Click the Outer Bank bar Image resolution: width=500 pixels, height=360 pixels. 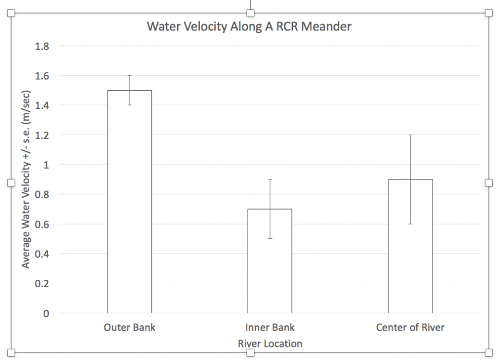tap(129, 205)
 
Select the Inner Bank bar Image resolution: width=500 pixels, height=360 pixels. tap(270, 264)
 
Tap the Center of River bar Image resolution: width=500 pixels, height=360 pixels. tap(410, 249)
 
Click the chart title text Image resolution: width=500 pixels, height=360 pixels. tap(249, 27)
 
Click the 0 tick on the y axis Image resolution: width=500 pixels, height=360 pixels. tap(46, 313)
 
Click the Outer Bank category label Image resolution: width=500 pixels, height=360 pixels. tap(129, 327)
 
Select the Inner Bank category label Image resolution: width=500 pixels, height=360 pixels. tap(270, 327)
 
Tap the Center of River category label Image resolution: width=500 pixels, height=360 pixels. tap(410, 327)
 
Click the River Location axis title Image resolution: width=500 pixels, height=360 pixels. tap(270, 343)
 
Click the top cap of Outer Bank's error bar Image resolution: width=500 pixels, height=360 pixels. tap(129, 75)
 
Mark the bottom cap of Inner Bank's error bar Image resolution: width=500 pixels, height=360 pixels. tap(270, 238)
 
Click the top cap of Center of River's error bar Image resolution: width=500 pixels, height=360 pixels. tap(410, 135)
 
